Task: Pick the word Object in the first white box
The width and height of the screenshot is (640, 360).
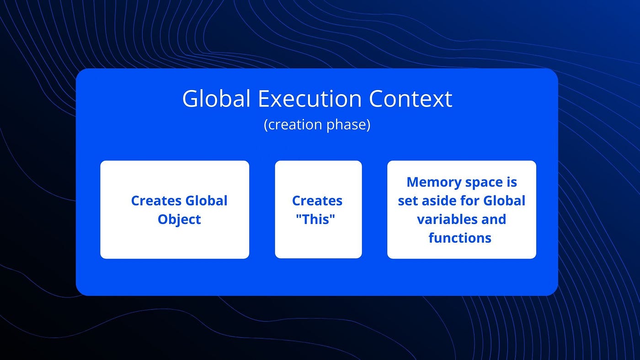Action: click(179, 219)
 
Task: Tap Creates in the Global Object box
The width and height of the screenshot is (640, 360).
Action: click(156, 201)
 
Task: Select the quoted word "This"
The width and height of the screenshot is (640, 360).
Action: click(316, 219)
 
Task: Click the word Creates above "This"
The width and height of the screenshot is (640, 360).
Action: click(317, 201)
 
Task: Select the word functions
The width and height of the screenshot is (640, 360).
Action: click(460, 238)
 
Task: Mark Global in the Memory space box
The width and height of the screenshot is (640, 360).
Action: click(504, 201)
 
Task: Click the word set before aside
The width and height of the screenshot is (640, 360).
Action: click(407, 201)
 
